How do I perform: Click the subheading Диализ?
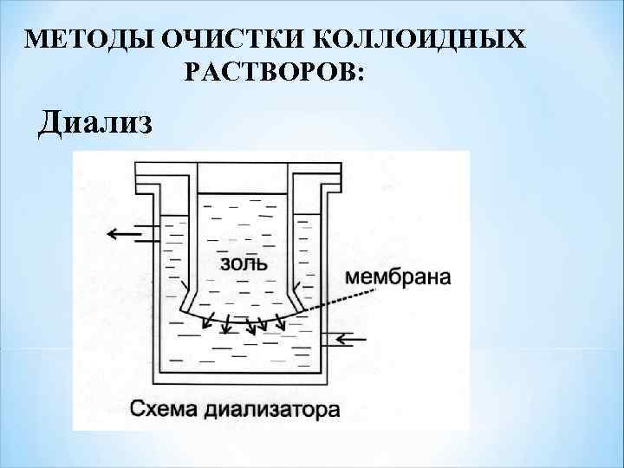tap(95, 123)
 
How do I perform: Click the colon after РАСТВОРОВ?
tap(360, 75)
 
